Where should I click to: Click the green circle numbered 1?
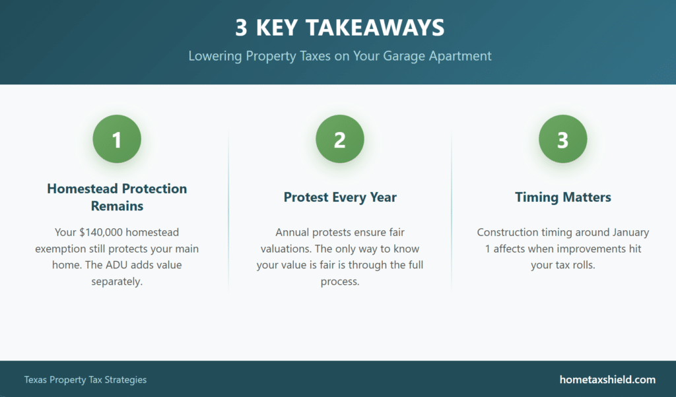pyautogui.click(x=117, y=139)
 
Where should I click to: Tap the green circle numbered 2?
pyautogui.click(x=340, y=139)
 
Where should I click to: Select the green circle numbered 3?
pyautogui.click(x=562, y=139)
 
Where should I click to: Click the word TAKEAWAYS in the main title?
pyautogui.click(x=375, y=28)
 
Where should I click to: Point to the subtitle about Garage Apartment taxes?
pyautogui.click(x=340, y=56)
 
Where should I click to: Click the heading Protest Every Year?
pyautogui.click(x=340, y=197)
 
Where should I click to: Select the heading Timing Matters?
pyautogui.click(x=562, y=197)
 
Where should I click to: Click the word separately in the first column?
pyautogui.click(x=117, y=282)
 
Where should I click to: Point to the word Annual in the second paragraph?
pyautogui.click(x=292, y=233)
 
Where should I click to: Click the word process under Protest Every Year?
pyautogui.click(x=340, y=282)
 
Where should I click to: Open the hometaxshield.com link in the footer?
pyautogui.click(x=607, y=380)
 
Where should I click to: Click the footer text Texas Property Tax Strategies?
pyautogui.click(x=85, y=380)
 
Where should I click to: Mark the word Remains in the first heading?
pyautogui.click(x=117, y=206)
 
